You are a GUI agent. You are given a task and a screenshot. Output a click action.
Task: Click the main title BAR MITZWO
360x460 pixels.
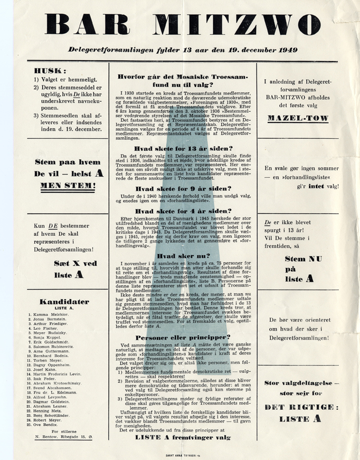[x=180, y=23]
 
